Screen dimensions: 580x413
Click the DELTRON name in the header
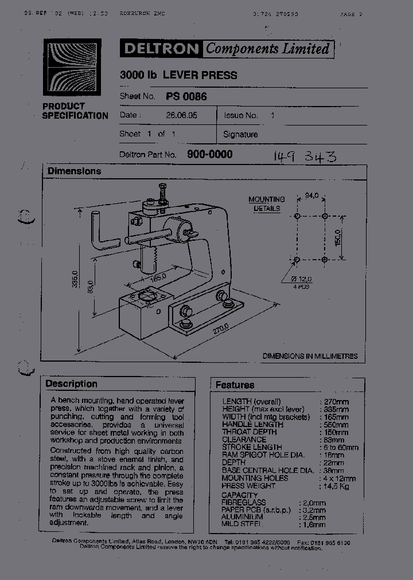coord(161,49)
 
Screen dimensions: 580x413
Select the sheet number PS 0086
coord(186,97)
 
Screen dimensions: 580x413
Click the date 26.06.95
coord(182,115)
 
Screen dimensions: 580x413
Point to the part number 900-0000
coord(209,154)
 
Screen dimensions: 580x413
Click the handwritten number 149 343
coord(305,156)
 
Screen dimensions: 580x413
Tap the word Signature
coord(240,134)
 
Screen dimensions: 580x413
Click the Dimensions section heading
coord(74,171)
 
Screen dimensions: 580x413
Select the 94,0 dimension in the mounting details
coord(311,196)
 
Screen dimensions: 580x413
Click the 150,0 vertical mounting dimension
coord(338,237)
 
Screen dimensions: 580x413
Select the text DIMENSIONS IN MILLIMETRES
coord(310,356)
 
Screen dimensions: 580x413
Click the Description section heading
coord(71,383)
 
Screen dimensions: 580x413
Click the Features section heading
coord(235,385)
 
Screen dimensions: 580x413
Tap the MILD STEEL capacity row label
coord(242,524)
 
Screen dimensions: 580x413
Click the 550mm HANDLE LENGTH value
coord(334,425)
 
